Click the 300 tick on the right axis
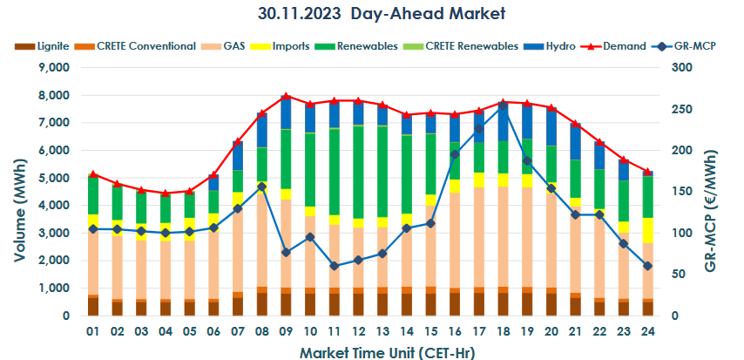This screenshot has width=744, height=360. [x=674, y=68]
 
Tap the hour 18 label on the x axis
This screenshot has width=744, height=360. [x=503, y=331]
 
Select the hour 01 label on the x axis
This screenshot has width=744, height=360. [x=93, y=331]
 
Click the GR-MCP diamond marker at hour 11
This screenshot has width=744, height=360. [x=335, y=266]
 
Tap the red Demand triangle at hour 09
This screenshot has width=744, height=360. [x=286, y=96]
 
